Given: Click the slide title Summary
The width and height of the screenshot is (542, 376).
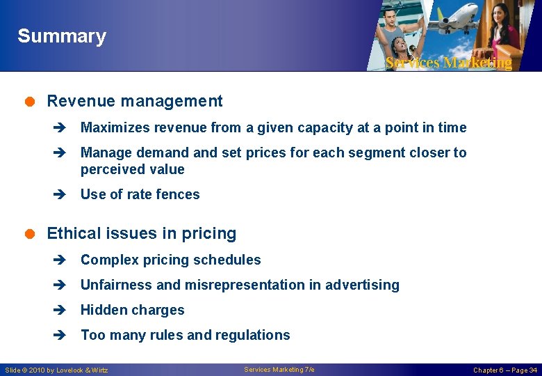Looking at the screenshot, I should (62, 36).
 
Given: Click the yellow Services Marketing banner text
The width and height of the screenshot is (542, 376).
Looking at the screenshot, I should (448, 63).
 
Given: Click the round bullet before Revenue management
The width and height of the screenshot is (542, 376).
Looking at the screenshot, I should (31, 102).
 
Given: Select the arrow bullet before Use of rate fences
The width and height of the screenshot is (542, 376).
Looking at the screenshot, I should (58, 195).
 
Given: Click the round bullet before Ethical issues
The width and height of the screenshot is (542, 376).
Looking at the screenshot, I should (31, 234).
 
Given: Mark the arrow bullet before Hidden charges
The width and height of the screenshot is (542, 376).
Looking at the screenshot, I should (58, 311).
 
